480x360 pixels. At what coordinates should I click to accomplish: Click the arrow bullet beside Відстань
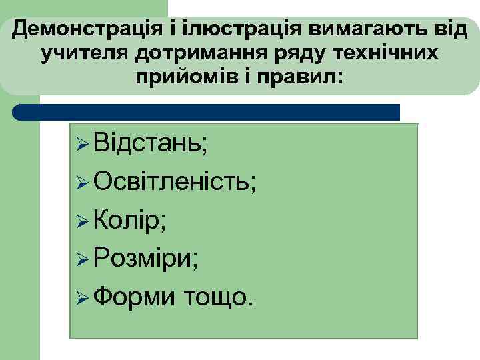pos(83,144)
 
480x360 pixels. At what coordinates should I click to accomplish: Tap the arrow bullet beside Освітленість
pos(83,181)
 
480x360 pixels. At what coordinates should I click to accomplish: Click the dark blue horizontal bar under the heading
pos(207,112)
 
